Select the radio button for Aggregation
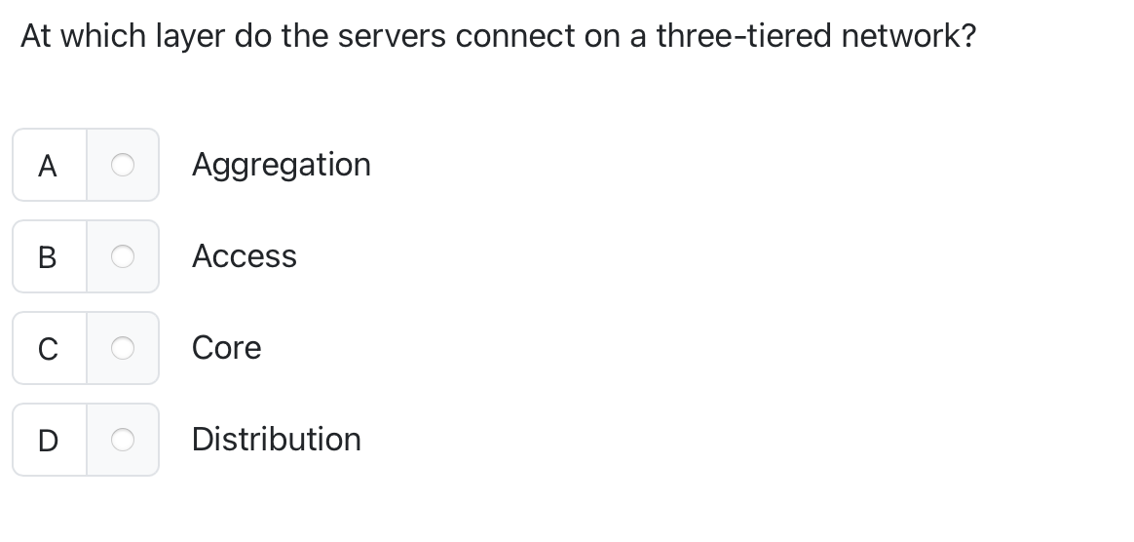pyautogui.click(x=122, y=166)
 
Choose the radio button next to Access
pyautogui.click(x=122, y=256)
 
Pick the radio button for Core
pyautogui.click(x=122, y=348)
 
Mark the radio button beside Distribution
pyautogui.click(x=122, y=440)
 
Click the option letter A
pyautogui.click(x=48, y=166)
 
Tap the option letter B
pyautogui.click(x=48, y=256)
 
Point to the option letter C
pyautogui.click(x=48, y=348)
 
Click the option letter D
pyautogui.click(x=48, y=440)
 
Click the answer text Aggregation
pyautogui.click(x=281, y=165)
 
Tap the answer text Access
pyautogui.click(x=244, y=256)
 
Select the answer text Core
pyautogui.click(x=226, y=348)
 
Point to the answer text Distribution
pyautogui.click(x=276, y=440)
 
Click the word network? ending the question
pyautogui.click(x=908, y=37)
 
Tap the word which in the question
pyautogui.click(x=104, y=37)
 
